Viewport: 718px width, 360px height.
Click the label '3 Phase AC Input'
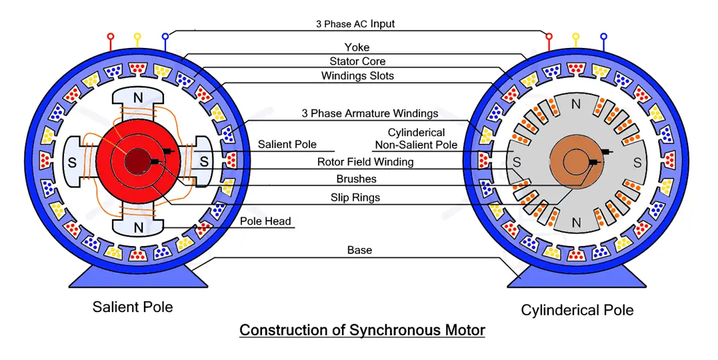pyautogui.click(x=355, y=24)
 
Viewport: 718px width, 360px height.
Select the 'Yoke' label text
pyautogui.click(x=357, y=47)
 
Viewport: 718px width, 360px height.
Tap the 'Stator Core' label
pyautogui.click(x=357, y=61)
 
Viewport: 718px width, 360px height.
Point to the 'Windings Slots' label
pyautogui.click(x=357, y=75)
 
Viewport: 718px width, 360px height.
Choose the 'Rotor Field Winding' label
pyautogui.click(x=365, y=162)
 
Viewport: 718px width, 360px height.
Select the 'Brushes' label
pyautogui.click(x=357, y=179)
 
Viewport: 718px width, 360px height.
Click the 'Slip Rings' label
pyautogui.click(x=355, y=197)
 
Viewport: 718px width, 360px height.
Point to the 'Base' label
pyautogui.click(x=359, y=250)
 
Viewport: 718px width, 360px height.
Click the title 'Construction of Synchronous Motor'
pyautogui.click(x=362, y=330)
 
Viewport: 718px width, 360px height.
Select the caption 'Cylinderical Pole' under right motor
pyautogui.click(x=577, y=310)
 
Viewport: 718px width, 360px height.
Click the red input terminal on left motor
pyautogui.click(x=111, y=37)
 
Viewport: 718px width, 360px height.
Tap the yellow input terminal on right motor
pyautogui.click(x=576, y=37)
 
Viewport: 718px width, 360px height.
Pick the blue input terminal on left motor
pyautogui.click(x=165, y=37)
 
